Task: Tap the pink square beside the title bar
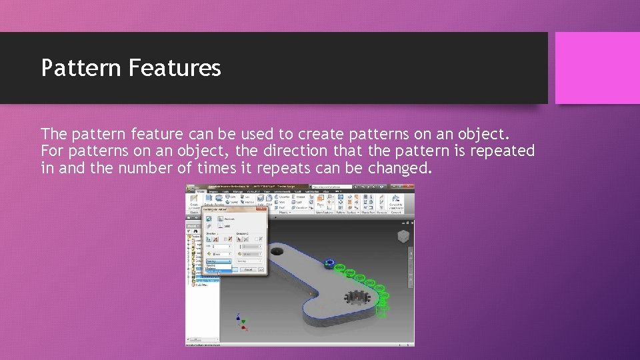597,68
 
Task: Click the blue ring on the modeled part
328,263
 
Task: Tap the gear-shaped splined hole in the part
358,298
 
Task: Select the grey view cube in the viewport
403,237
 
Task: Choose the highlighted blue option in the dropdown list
219,272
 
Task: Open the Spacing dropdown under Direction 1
218,262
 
